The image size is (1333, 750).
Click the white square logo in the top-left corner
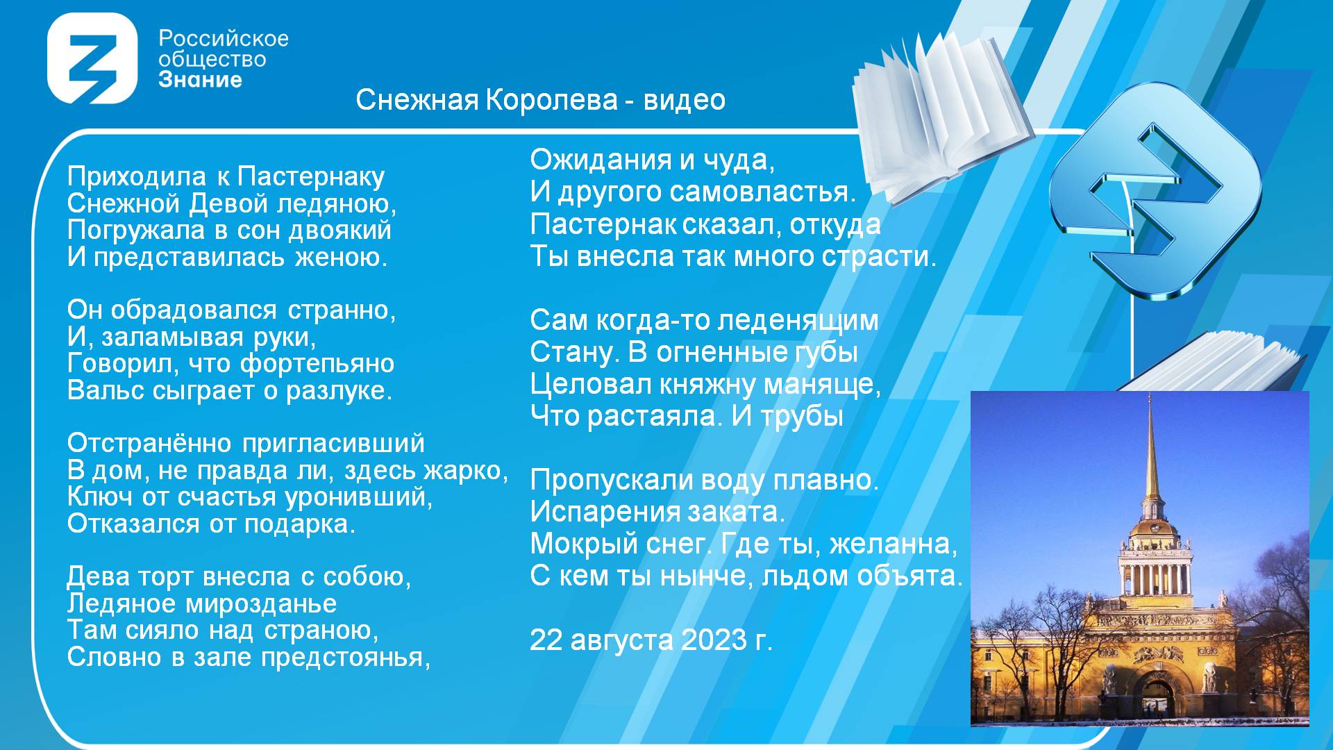click(x=92, y=58)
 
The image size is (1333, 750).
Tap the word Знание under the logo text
click(x=200, y=80)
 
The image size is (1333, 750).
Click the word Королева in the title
click(x=551, y=100)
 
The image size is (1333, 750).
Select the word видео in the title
click(x=685, y=100)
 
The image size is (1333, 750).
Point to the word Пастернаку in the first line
click(x=310, y=177)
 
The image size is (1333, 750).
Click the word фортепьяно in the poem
click(x=317, y=364)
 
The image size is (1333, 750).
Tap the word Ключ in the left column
click(x=100, y=497)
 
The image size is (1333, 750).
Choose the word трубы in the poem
click(x=803, y=417)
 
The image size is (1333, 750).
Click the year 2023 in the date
click(x=714, y=640)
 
